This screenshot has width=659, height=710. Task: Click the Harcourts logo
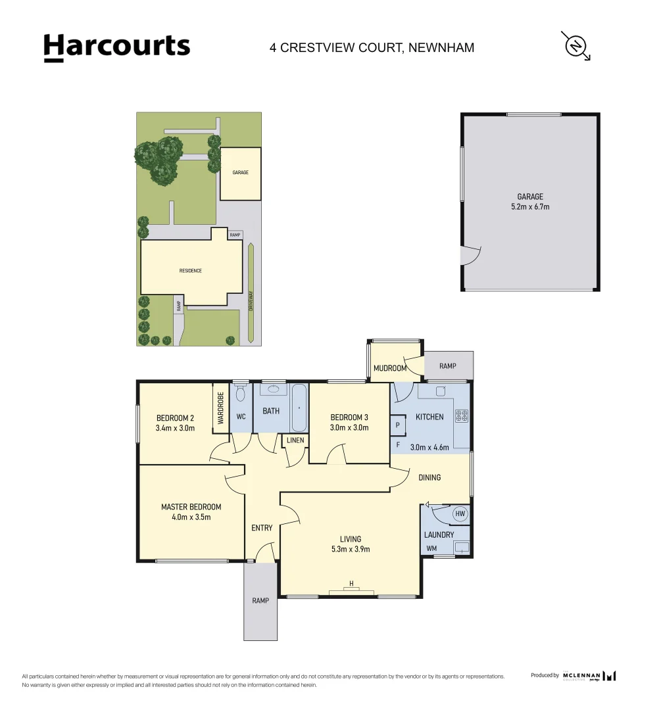pyautogui.click(x=117, y=47)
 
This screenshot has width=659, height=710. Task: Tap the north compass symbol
pyautogui.click(x=575, y=45)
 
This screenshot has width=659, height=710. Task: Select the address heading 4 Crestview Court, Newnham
pyautogui.click(x=372, y=47)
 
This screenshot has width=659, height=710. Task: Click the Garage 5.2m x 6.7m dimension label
pyautogui.click(x=530, y=201)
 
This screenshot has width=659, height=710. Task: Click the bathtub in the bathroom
pyautogui.click(x=299, y=408)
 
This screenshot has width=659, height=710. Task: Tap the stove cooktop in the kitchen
pyautogui.click(x=461, y=415)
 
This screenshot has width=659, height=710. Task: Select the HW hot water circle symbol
pyautogui.click(x=460, y=513)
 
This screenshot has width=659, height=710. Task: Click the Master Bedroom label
pyautogui.click(x=191, y=511)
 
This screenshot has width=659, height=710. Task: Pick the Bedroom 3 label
pyautogui.click(x=349, y=422)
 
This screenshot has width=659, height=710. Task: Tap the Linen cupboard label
pyautogui.click(x=295, y=440)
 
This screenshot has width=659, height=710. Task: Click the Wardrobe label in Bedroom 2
pyautogui.click(x=220, y=408)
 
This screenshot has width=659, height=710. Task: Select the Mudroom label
pyautogui.click(x=389, y=368)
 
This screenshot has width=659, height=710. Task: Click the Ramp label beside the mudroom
pyautogui.click(x=447, y=366)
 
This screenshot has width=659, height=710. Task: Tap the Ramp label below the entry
pyautogui.click(x=260, y=600)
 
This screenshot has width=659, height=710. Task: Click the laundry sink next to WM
pyautogui.click(x=461, y=546)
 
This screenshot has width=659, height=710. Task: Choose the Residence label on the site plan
pyautogui.click(x=190, y=271)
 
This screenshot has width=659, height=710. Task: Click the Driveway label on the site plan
pyautogui.click(x=251, y=301)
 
